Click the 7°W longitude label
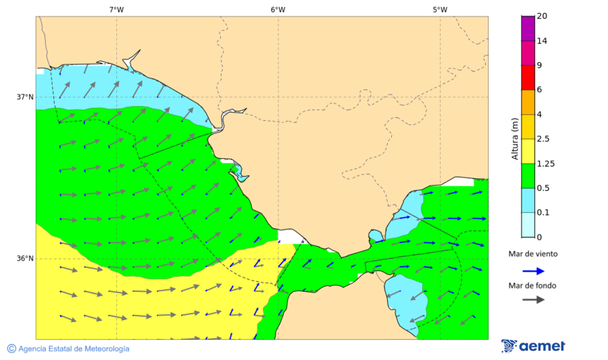116,9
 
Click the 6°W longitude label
278,9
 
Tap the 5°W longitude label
440,9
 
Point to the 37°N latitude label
25,97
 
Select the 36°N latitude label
25,258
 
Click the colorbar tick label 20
541,16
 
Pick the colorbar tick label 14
541,41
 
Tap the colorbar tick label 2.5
543,138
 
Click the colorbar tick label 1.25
545,163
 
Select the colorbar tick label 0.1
543,212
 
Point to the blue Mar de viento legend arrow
534,271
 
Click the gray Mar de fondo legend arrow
534,299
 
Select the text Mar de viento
533,254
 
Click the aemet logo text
542,346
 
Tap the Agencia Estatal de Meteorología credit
74,349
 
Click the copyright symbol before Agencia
11,349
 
